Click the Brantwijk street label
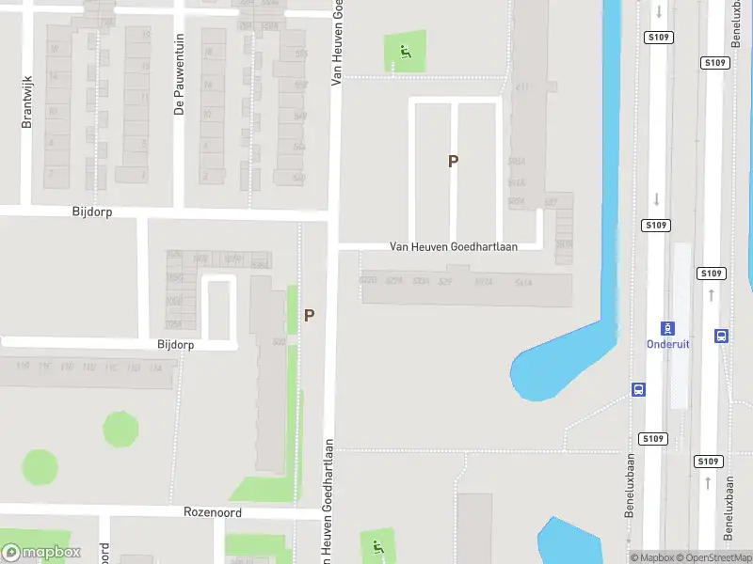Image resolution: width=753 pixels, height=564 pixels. click(27, 102)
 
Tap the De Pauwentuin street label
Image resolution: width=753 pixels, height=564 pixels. click(179, 87)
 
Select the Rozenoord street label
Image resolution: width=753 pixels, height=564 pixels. click(213, 513)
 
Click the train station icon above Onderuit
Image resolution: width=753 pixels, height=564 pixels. click(667, 328)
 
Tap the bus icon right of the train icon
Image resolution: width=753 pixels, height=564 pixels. click(722, 335)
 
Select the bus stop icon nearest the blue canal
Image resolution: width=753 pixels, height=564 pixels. click(638, 389)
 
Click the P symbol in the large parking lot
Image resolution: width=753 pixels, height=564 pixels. click(453, 161)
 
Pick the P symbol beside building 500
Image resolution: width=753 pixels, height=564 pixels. click(309, 316)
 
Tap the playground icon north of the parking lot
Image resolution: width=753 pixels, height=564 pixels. click(406, 51)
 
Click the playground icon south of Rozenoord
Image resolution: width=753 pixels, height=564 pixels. click(378, 546)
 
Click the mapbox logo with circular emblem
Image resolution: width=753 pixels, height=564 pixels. click(41, 553)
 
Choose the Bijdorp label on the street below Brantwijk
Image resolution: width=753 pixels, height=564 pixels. click(92, 212)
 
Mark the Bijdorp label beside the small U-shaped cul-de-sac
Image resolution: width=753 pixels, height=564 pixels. click(175, 345)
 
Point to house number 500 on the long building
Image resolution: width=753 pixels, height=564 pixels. click(279, 341)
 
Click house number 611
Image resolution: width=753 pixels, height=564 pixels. click(522, 87)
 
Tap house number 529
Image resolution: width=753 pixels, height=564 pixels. click(445, 281)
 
